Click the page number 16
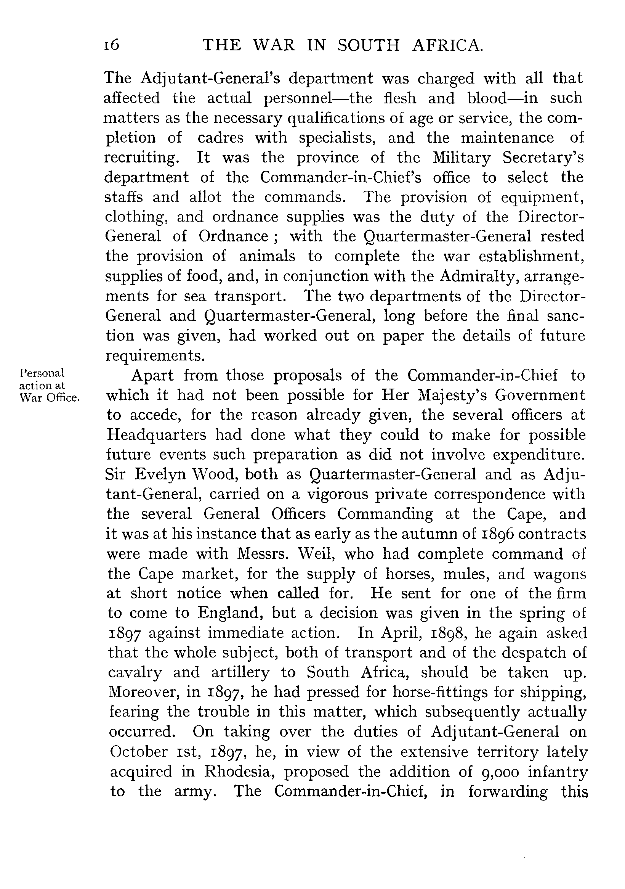point(111,45)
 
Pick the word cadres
point(221,138)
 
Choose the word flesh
point(400,98)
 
